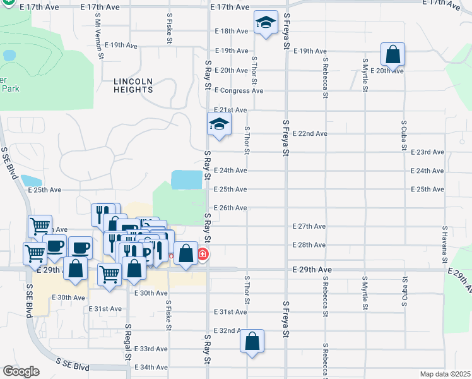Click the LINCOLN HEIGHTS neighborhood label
click(134, 86)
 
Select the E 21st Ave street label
click(230, 110)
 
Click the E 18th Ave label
click(231, 30)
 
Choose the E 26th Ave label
click(230, 208)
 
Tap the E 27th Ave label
click(309, 226)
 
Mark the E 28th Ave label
click(309, 244)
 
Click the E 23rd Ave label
click(427, 152)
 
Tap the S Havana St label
click(445, 245)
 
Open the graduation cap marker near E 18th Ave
click(266, 24)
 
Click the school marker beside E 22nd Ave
click(219, 123)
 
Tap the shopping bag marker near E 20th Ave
click(392, 55)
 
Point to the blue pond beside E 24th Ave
click(187, 180)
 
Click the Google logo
click(21, 371)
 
